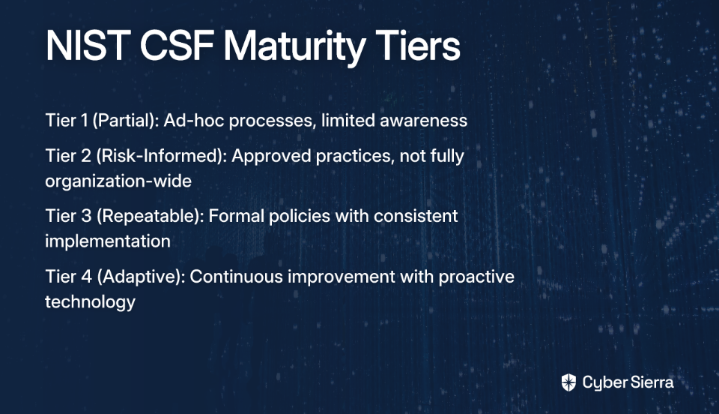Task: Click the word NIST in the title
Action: [85, 46]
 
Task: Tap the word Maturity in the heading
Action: [294, 48]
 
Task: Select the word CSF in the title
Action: [176, 46]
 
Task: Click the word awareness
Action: [424, 121]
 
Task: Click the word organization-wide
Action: [118, 181]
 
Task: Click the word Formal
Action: [237, 216]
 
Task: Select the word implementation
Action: [108, 241]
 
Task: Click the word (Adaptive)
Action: [141, 277]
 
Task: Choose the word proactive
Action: [476, 277]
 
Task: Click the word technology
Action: [91, 302]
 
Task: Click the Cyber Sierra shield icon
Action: [568, 382]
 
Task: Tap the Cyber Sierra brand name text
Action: [628, 382]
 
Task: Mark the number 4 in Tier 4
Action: [87, 277]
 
